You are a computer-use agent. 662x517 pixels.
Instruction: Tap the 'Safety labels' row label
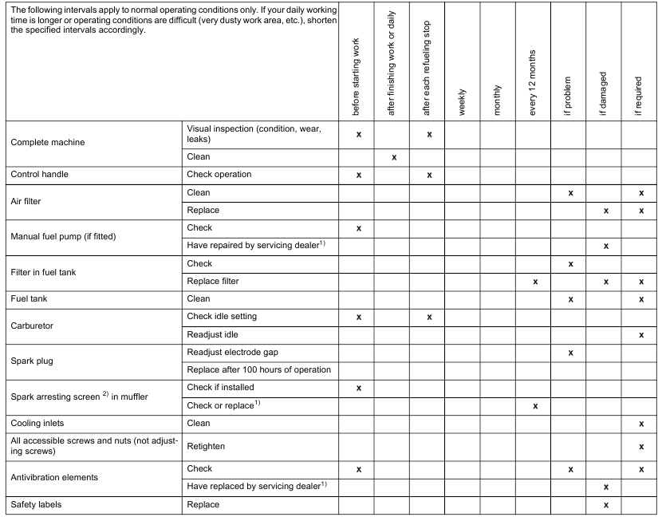pyautogui.click(x=38, y=505)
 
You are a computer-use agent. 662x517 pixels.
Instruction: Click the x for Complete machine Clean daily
pyautogui.click(x=394, y=158)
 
